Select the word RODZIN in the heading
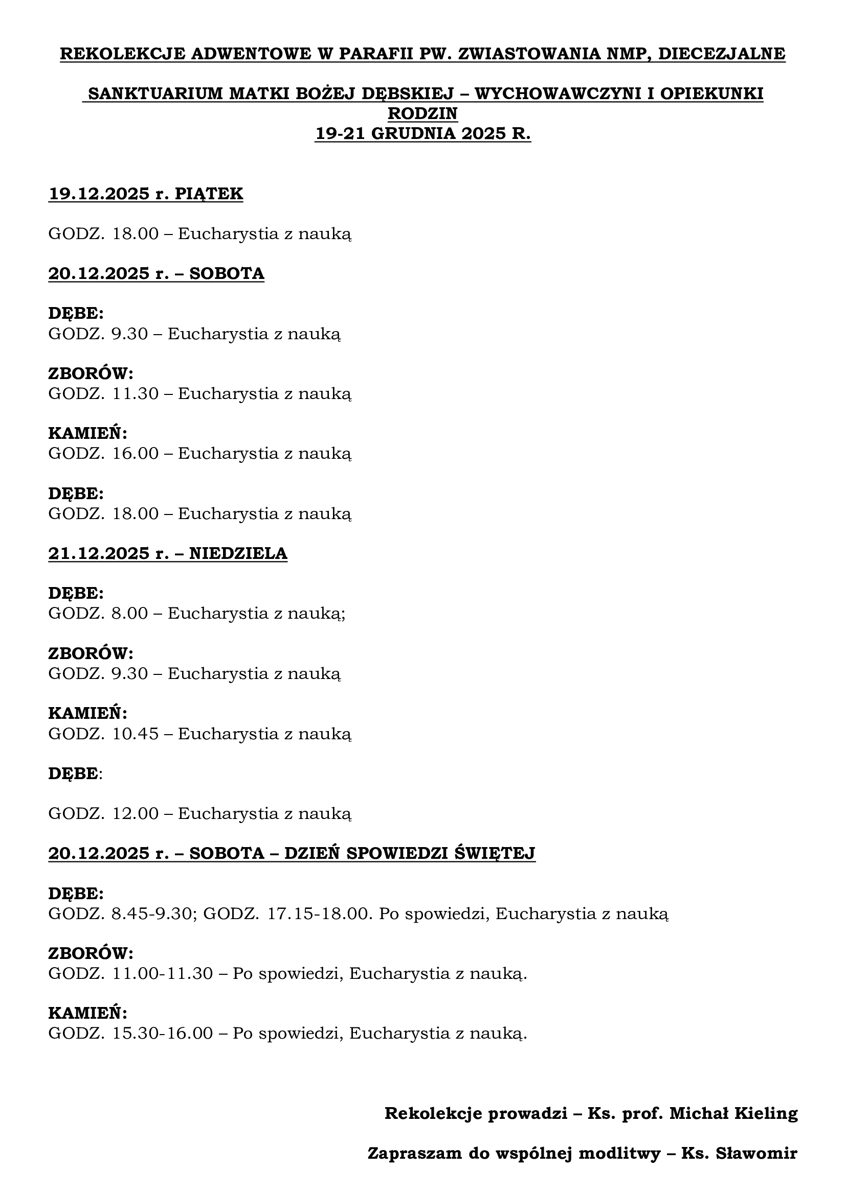[422, 113]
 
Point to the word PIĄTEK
[208, 194]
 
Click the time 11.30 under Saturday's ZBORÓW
[136, 393]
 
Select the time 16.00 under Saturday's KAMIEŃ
[136, 453]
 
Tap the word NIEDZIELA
[238, 553]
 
